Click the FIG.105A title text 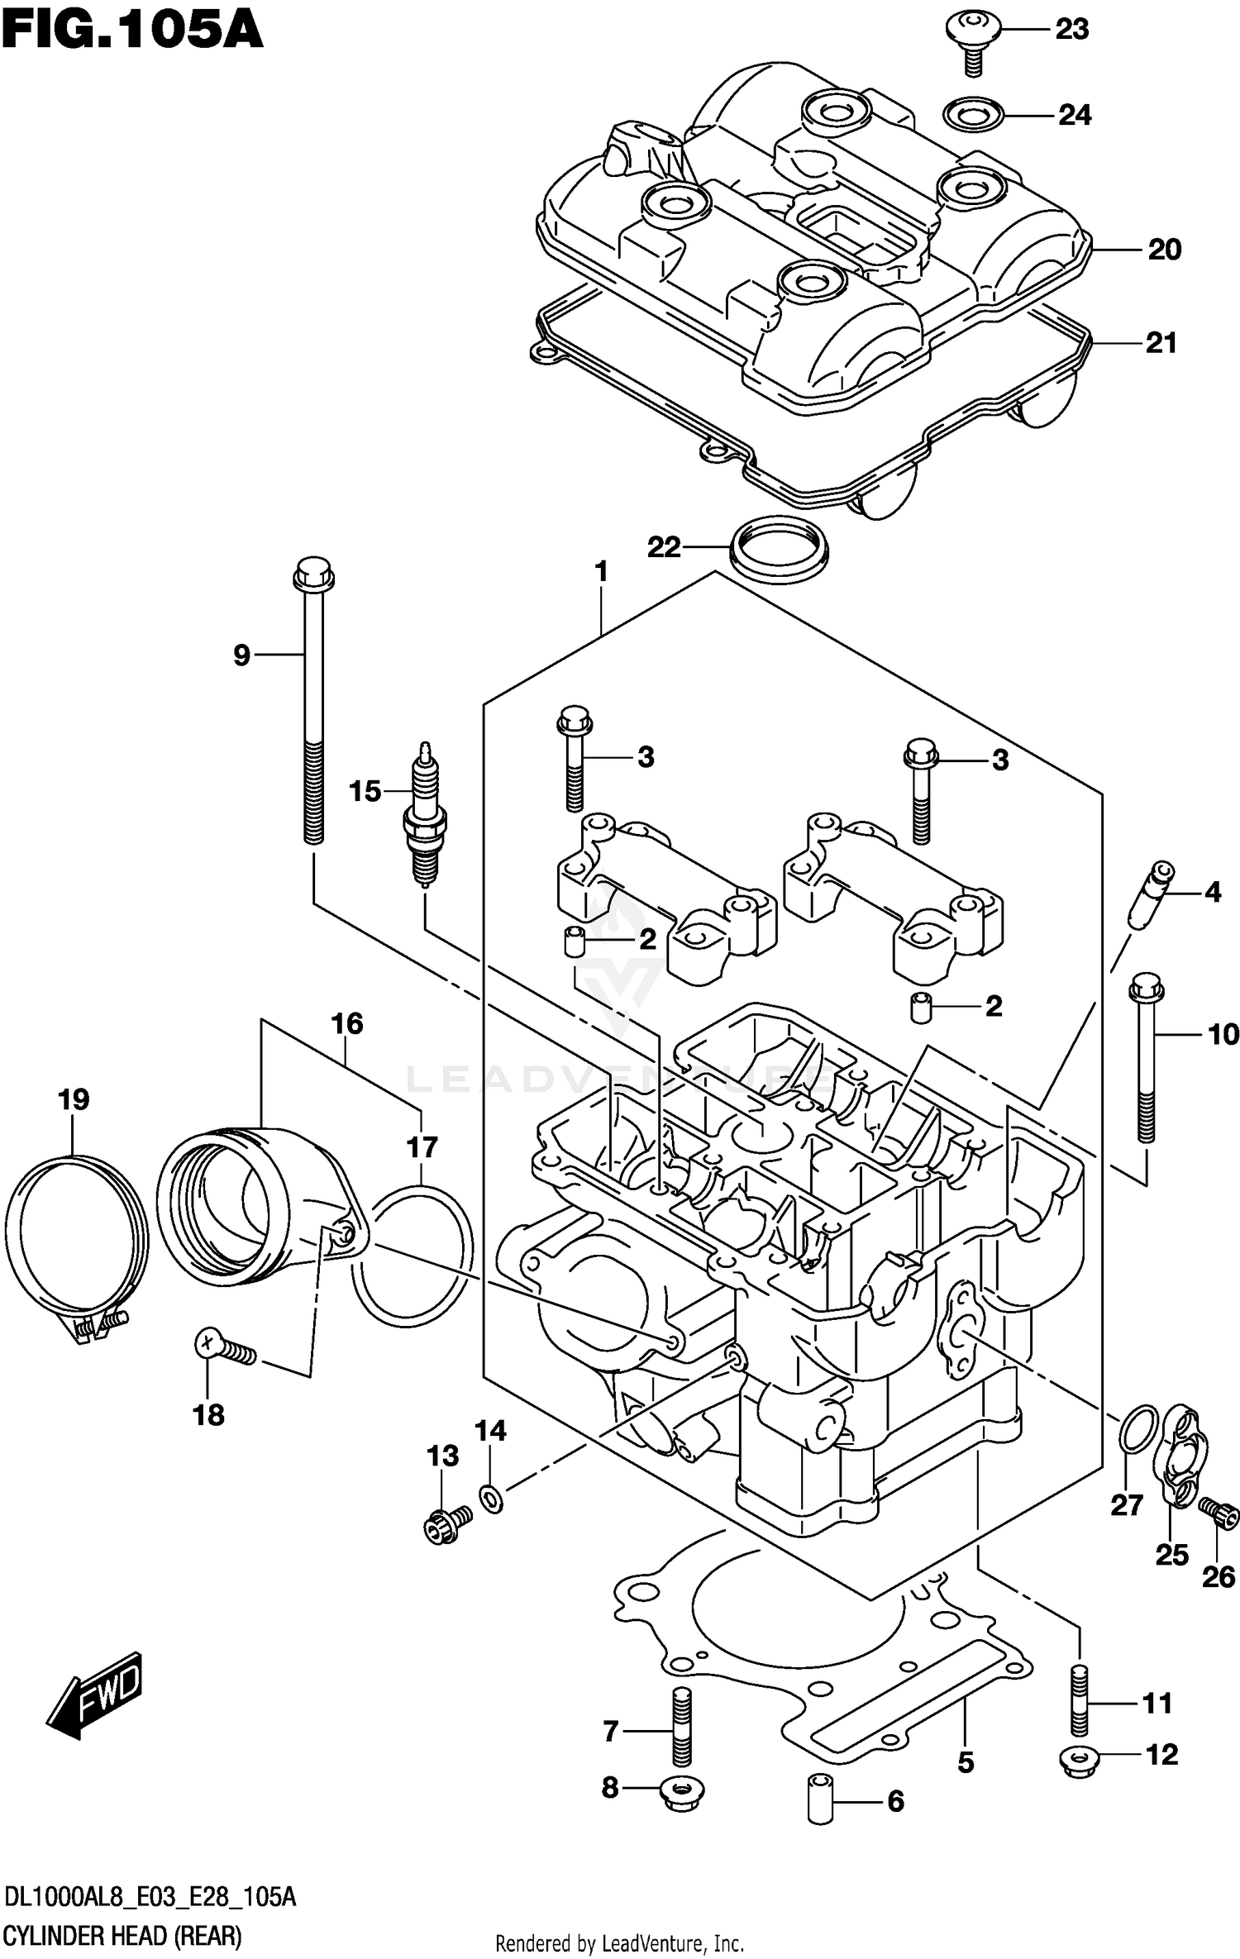(132, 31)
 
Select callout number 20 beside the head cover (1164, 250)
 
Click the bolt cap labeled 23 (974, 31)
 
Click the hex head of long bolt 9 (313, 573)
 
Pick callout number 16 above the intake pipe (347, 1024)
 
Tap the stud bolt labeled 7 (680, 1725)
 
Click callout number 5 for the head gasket (966, 1763)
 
